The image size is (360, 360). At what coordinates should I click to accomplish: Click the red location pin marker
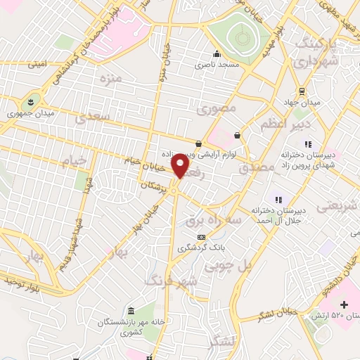(181, 165)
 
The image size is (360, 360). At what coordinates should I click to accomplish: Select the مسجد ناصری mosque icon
(217, 54)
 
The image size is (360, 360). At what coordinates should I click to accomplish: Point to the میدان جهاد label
(307, 103)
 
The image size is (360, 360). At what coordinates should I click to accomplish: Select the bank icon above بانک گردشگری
(202, 236)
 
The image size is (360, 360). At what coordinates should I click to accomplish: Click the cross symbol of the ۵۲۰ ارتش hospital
(344, 304)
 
